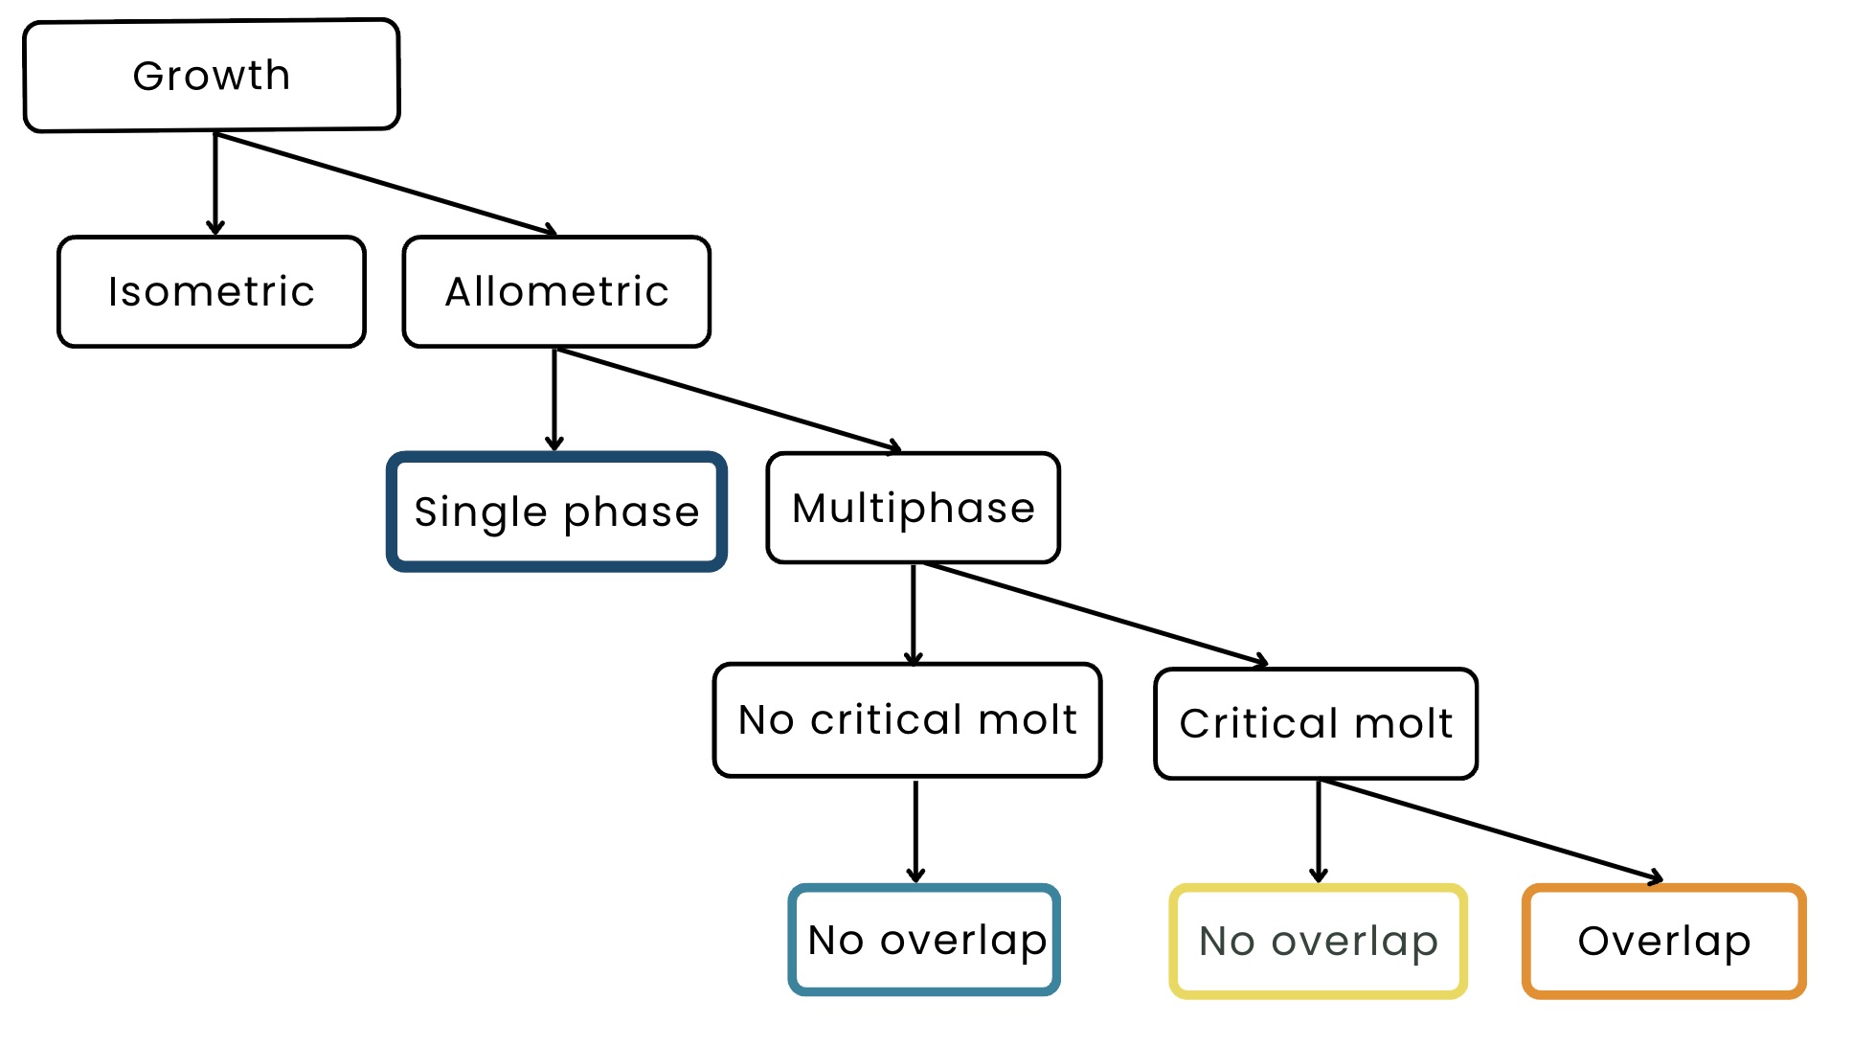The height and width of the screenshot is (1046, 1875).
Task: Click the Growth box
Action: tap(212, 75)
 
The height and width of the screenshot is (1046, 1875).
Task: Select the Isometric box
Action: tap(212, 291)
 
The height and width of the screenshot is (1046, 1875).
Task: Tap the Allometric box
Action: tap(556, 291)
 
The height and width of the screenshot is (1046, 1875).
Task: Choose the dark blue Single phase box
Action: tap(556, 512)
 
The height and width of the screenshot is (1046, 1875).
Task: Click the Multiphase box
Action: tap(914, 508)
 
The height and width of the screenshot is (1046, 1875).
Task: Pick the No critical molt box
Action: tap(908, 719)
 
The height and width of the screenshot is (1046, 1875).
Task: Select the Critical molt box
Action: tap(1316, 723)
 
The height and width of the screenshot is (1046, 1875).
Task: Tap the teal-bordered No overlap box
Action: tap(924, 940)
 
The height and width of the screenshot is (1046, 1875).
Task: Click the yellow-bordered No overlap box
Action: tap(1318, 941)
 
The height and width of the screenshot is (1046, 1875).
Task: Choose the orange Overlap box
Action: tap(1664, 941)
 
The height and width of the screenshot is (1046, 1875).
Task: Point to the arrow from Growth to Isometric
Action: tap(215, 184)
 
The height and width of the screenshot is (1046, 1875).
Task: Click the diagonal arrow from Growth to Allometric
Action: tap(386, 184)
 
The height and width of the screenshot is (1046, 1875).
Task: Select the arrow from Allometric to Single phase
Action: tap(554, 399)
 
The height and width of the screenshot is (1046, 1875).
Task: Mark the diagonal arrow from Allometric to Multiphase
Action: tap(729, 399)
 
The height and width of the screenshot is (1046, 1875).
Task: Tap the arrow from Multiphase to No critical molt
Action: tap(914, 614)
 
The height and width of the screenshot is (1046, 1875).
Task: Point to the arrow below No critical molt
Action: tap(915, 831)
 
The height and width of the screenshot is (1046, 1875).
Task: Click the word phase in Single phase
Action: tap(631, 513)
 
